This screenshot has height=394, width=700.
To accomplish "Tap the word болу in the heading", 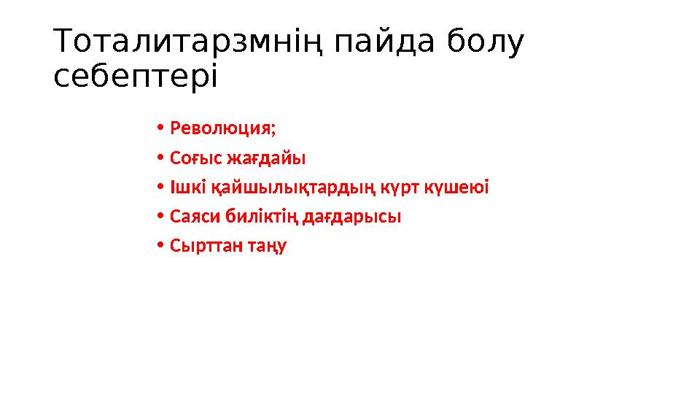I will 485,43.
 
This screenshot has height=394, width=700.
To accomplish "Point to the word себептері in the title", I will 136,76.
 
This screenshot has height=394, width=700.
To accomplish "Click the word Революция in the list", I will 221,129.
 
